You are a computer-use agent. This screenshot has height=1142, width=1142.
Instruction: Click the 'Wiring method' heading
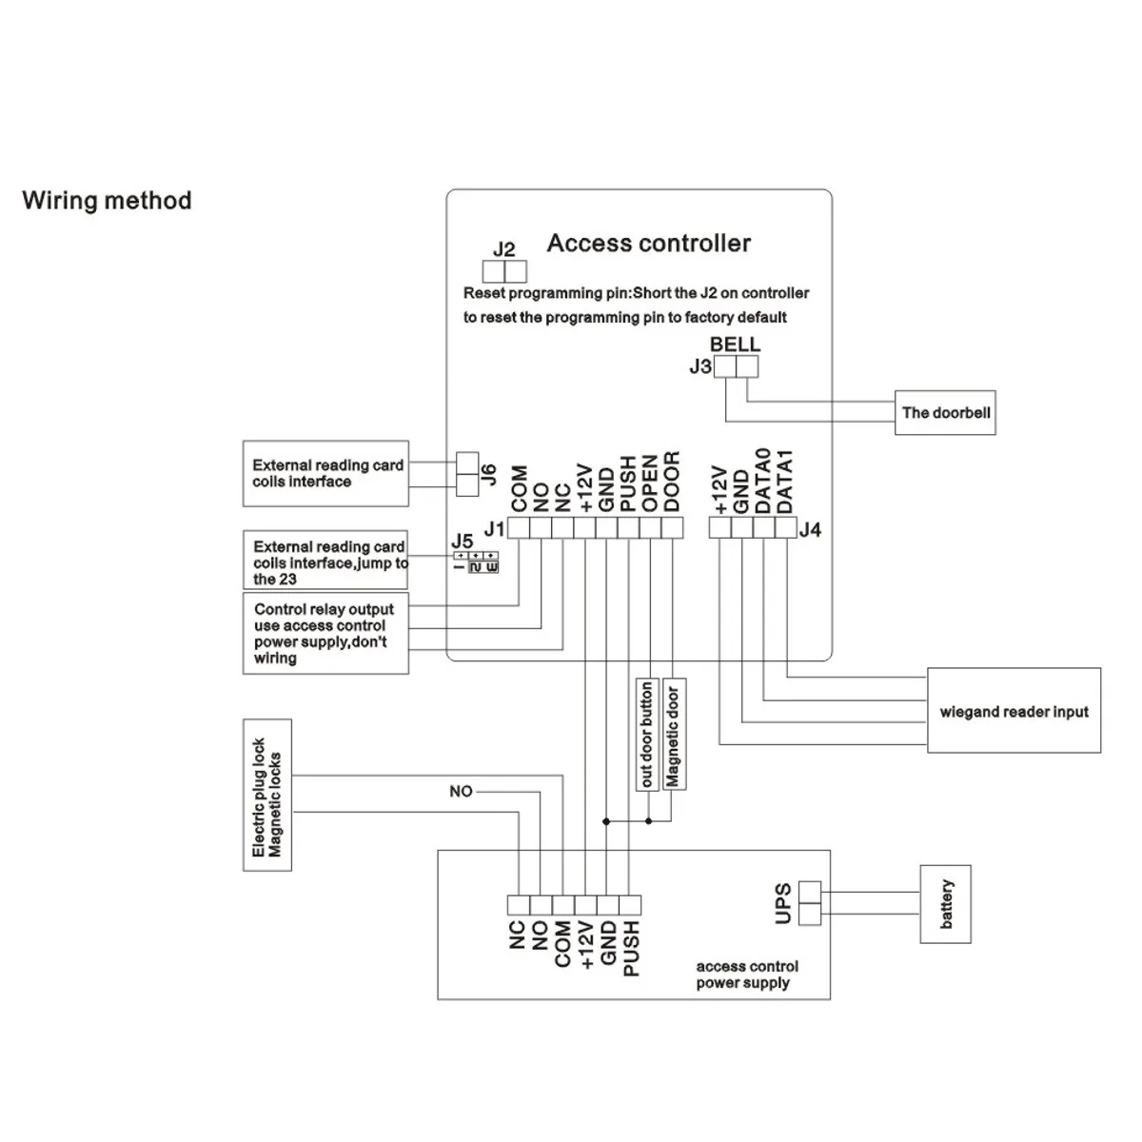[x=107, y=200]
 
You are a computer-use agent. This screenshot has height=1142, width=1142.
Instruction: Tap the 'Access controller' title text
[x=648, y=243]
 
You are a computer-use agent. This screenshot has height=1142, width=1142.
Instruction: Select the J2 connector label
[x=503, y=249]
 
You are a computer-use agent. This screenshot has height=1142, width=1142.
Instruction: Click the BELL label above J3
[x=735, y=345]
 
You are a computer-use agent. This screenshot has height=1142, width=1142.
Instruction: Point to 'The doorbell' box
[x=945, y=412]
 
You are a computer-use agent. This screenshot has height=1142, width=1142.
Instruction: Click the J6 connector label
[x=488, y=475]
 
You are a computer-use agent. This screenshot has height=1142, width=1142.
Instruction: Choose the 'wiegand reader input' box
[x=1014, y=711]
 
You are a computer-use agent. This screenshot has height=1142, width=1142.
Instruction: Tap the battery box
[x=946, y=904]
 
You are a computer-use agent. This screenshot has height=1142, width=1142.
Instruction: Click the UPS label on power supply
[x=783, y=904]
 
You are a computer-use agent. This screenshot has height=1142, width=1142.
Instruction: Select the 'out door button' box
[x=647, y=735]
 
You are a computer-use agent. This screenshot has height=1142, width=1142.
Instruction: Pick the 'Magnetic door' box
[x=673, y=735]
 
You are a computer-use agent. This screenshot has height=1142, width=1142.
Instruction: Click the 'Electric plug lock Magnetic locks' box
[x=267, y=796]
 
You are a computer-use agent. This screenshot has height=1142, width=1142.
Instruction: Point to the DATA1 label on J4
[x=784, y=482]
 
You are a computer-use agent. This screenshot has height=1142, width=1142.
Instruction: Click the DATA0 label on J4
[x=763, y=481]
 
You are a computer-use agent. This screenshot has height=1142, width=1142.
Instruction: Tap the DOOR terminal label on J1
[x=672, y=482]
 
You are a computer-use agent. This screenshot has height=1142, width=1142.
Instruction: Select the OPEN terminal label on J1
[x=650, y=483]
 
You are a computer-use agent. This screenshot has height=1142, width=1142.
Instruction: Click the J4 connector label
[x=810, y=529]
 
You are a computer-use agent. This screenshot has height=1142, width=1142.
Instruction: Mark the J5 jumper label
[x=463, y=541]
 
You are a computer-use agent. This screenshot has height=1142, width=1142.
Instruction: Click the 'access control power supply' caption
[x=747, y=975]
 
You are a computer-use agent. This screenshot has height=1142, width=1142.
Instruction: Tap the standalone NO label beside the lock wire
[x=461, y=791]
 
